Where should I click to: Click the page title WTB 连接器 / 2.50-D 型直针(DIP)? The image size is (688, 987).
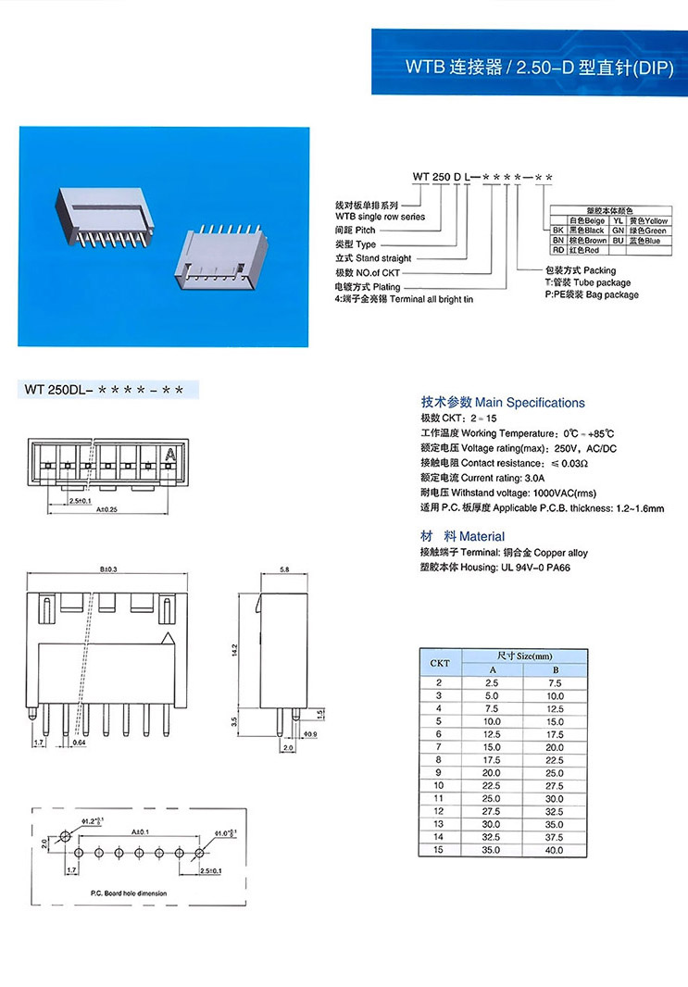[540, 68]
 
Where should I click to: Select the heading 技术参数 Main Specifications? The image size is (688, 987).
[502, 403]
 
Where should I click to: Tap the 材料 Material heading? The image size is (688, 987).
[462, 536]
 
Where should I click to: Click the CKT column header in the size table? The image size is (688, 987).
[439, 663]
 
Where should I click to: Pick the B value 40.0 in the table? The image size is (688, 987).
[554, 849]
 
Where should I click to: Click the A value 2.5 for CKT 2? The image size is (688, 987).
[491, 682]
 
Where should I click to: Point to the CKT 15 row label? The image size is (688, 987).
[439, 849]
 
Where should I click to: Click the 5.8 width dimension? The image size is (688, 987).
[281, 570]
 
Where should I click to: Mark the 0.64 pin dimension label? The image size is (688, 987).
[79, 743]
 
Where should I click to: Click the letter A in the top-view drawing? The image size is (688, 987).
[169, 455]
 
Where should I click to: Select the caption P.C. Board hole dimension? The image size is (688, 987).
[129, 893]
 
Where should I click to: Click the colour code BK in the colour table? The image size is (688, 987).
[558, 230]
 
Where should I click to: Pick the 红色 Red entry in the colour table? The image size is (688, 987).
[585, 250]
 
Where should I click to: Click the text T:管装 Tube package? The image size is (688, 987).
[587, 282]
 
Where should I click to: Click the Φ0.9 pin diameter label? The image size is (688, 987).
[310, 734]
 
